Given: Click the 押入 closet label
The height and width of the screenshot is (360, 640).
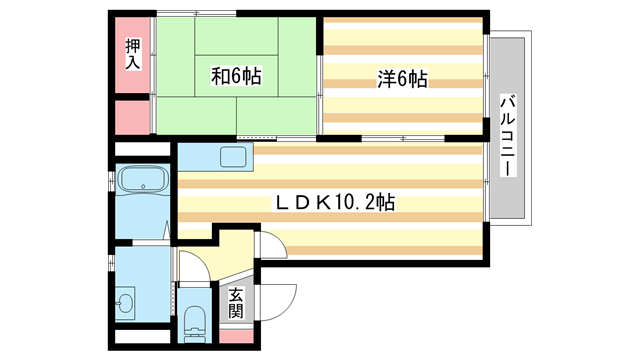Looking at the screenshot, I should tap(132, 53).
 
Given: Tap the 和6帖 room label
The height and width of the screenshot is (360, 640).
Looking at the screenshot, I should tap(236, 75).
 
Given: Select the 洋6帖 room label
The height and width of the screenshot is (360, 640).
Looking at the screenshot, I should tap(403, 78).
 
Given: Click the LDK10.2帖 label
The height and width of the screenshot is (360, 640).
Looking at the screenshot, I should tap(336, 202).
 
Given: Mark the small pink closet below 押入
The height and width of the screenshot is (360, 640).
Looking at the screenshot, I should tap(131, 117).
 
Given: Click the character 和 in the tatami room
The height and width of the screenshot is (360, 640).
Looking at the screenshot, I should tap(219, 75).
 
